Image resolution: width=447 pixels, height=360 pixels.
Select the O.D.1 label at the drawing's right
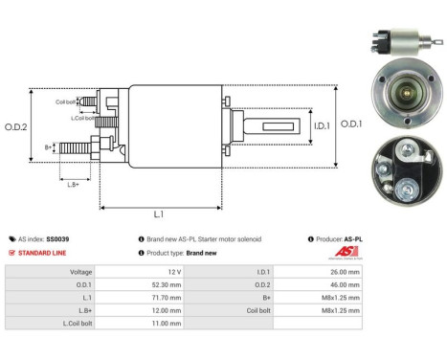point(351,124)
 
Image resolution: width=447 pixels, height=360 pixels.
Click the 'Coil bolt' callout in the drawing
point(66,101)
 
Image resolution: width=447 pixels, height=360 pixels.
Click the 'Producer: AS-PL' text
point(340,238)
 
